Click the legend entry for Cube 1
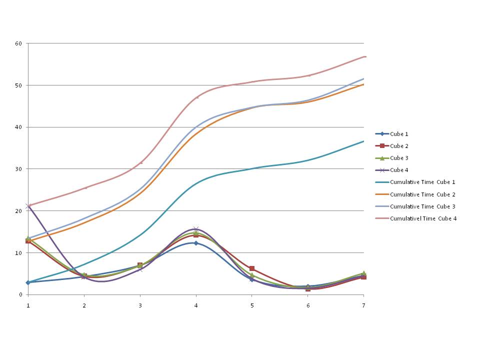tap(402, 134)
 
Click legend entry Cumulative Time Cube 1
tap(422, 182)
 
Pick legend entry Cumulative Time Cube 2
tap(422, 194)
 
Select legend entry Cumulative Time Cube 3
tap(422, 206)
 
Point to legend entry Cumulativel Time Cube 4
tap(423, 218)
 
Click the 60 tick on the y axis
tap(19, 43)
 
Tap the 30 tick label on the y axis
tap(19, 169)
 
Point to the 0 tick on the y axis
tap(20, 294)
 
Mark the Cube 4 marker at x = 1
tap(28, 206)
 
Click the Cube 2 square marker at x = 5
tap(252, 268)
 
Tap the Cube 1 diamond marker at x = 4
tap(196, 243)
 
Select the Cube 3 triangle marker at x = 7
tap(363, 273)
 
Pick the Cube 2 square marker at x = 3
tap(140, 265)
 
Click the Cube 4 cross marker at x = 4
tap(196, 228)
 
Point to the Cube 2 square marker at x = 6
tap(308, 288)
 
